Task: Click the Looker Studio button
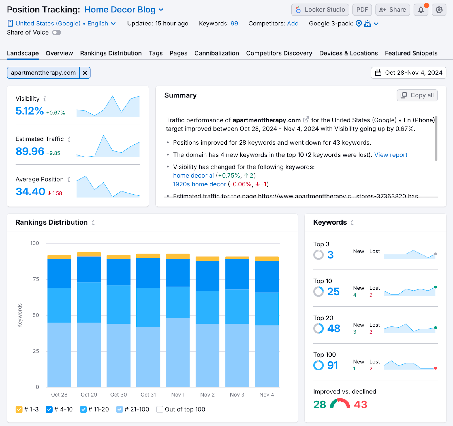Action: tap(320, 10)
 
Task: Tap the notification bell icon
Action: tap(421, 10)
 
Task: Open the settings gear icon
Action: tap(439, 10)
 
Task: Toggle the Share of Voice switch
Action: tap(57, 33)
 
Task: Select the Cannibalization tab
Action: tap(217, 53)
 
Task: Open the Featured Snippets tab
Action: tap(411, 53)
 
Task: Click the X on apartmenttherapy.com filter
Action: tap(85, 73)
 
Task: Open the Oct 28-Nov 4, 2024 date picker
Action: tap(409, 73)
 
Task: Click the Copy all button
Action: tap(417, 95)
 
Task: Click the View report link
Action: tap(391, 155)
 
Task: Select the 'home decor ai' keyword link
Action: tap(193, 176)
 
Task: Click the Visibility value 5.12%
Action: tap(30, 111)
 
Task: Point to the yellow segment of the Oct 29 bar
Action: tap(89, 254)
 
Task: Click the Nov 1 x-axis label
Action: tap(178, 395)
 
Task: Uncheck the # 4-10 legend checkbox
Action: tap(49, 410)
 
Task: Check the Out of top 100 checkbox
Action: tap(160, 410)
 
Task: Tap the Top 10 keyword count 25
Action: tap(333, 292)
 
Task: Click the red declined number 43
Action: tap(360, 404)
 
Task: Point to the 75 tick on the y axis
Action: tap(36, 279)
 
